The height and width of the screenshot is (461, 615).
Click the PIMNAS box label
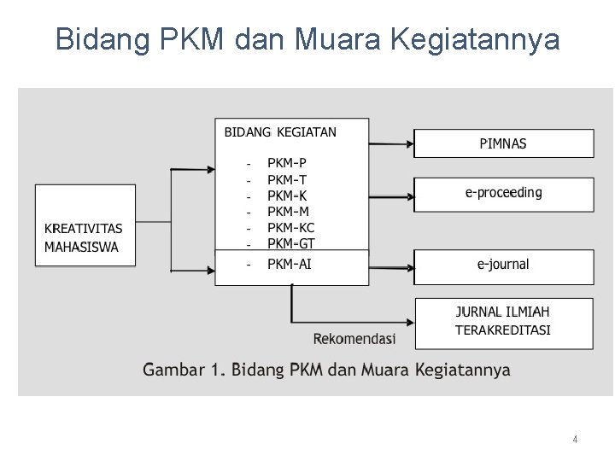point(503,143)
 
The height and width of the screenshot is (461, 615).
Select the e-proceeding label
point(503,193)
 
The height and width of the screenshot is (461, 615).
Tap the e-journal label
point(503,265)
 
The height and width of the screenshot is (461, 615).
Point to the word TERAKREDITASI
point(503,330)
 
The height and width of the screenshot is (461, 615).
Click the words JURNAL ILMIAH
point(503,312)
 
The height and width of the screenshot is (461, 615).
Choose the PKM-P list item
point(287,163)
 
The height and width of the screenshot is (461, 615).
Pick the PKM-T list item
point(287,179)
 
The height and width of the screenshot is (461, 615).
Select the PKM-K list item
point(287,195)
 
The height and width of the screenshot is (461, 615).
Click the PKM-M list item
point(288,211)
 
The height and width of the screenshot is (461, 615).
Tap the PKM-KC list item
point(290,228)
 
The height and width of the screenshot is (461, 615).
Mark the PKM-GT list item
point(290,243)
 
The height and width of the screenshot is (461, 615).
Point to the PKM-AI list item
point(289,264)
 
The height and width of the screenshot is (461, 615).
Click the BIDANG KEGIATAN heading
point(280,132)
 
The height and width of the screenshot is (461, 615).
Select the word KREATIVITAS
point(84,229)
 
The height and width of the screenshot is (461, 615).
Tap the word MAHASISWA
point(81,248)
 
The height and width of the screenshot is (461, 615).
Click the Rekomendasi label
point(354,339)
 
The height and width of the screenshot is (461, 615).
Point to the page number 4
point(575,440)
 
